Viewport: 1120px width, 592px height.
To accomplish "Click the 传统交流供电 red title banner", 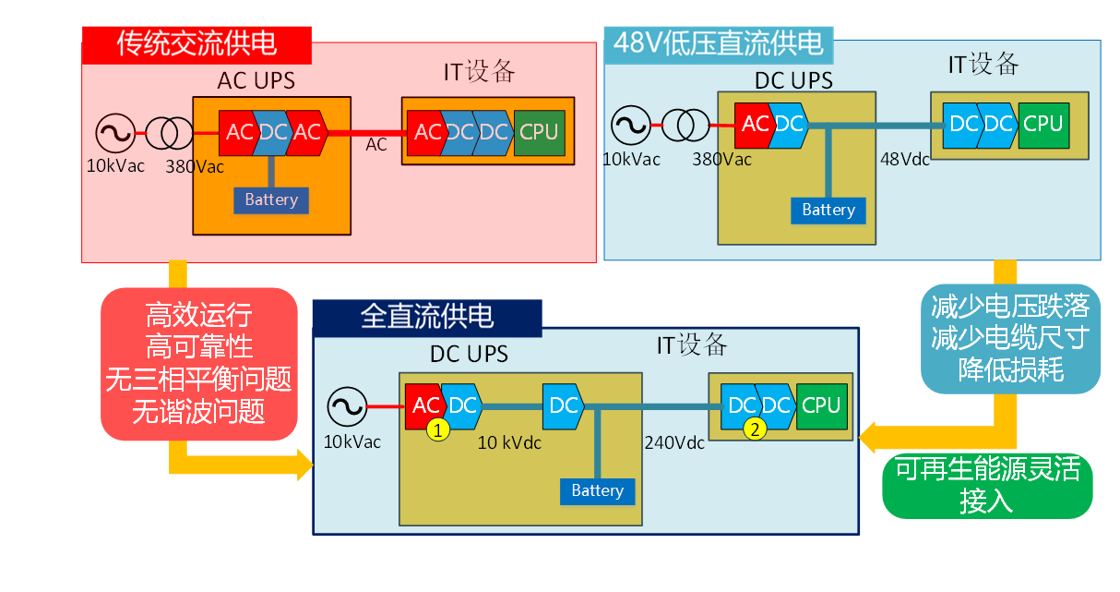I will coord(197,44).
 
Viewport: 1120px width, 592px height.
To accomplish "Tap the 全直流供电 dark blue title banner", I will coord(426,317).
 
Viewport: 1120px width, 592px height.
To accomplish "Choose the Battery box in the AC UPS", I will coord(271,199).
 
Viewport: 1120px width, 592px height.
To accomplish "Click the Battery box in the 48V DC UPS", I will coord(828,211).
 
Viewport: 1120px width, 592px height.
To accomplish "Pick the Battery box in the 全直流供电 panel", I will coord(597,490).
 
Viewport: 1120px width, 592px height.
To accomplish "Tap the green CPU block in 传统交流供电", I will coord(539,131).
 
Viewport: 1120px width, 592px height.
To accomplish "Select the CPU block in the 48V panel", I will coord(1043,124).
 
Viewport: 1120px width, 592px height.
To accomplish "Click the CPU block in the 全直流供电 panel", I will coord(820,405).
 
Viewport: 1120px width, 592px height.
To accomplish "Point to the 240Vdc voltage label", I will coord(673,442).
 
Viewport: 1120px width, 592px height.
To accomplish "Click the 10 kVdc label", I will coord(509,442).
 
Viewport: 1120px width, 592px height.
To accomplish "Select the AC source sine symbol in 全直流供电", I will coord(347,406).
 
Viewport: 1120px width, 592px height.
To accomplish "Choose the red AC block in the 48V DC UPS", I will coord(753,124).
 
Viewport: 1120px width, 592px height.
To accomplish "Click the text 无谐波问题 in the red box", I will coord(199,411).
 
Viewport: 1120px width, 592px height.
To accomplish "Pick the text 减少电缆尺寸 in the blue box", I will coord(1010,337).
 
